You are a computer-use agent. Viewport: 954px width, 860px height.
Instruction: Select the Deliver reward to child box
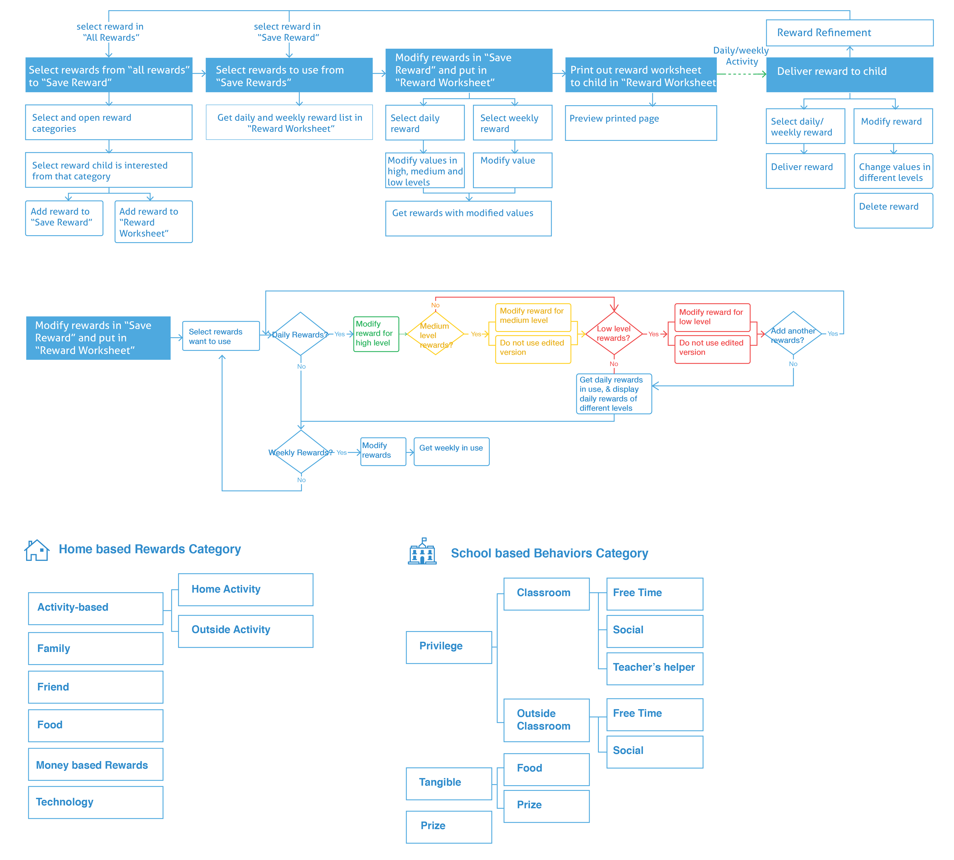click(x=849, y=75)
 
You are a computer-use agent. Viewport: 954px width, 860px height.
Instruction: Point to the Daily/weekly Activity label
click(x=741, y=56)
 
